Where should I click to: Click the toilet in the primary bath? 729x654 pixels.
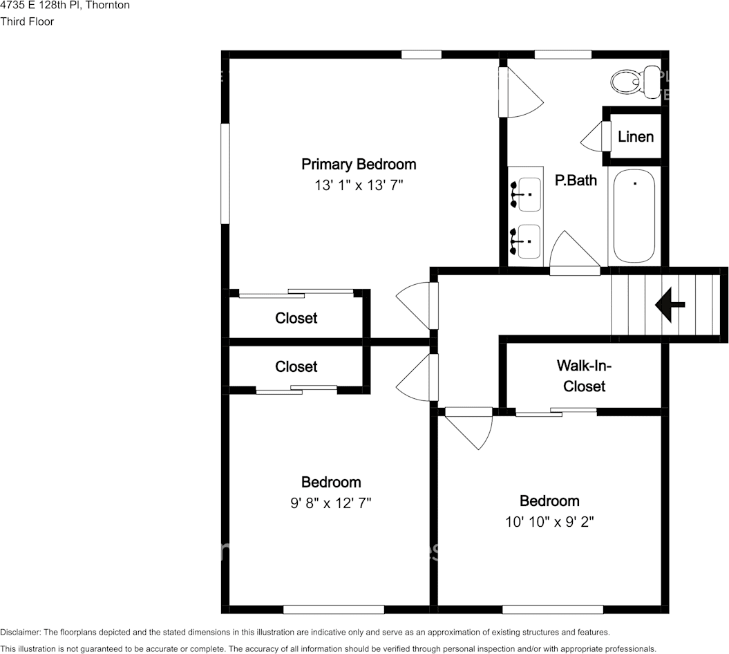point(634,82)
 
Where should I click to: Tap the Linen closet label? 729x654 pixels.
point(635,136)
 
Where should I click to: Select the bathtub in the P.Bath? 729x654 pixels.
point(634,216)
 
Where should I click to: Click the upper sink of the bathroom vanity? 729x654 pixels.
point(527,194)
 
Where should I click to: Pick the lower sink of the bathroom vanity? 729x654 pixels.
point(527,241)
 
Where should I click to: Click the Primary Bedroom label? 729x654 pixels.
point(359,165)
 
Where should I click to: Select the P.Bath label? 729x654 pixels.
point(576,180)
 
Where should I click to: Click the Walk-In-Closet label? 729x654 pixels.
point(584,375)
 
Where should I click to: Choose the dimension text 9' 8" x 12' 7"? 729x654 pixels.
point(331,503)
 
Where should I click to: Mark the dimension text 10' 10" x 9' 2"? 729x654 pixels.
point(549,521)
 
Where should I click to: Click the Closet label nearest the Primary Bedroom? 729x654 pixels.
point(296,318)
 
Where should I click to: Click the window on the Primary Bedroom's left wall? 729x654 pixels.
point(225,174)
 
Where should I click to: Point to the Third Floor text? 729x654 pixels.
point(27,21)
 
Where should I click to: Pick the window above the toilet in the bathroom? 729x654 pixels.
point(562,55)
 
